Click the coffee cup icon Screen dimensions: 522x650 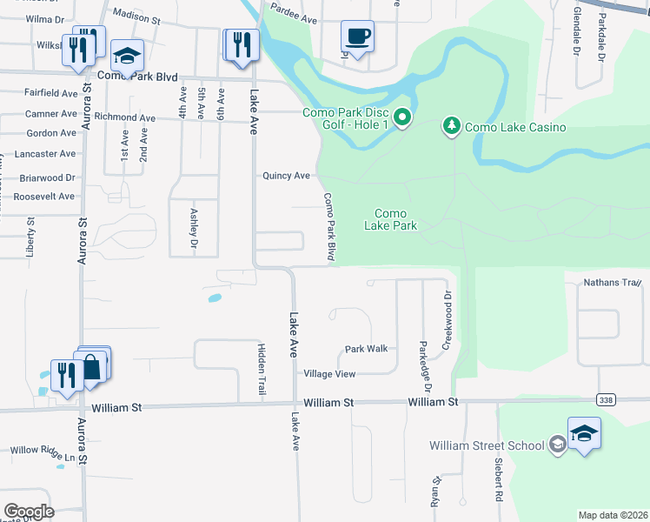[x=357, y=37]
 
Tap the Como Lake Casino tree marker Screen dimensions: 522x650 [x=451, y=126]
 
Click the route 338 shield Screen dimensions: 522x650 [x=606, y=399]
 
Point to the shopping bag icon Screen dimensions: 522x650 [x=92, y=367]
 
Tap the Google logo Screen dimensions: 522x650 [x=29, y=511]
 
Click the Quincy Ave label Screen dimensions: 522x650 [x=287, y=176]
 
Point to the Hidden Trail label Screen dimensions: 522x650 [x=261, y=368]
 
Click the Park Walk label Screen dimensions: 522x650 [x=366, y=349]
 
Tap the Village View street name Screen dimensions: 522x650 [x=329, y=374]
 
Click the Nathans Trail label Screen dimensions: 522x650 [x=613, y=282]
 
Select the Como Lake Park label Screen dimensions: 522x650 [x=395, y=219]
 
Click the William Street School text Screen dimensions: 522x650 [x=487, y=446]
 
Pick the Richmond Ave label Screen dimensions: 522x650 [x=128, y=117]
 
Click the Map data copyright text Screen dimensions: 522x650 [x=613, y=515]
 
